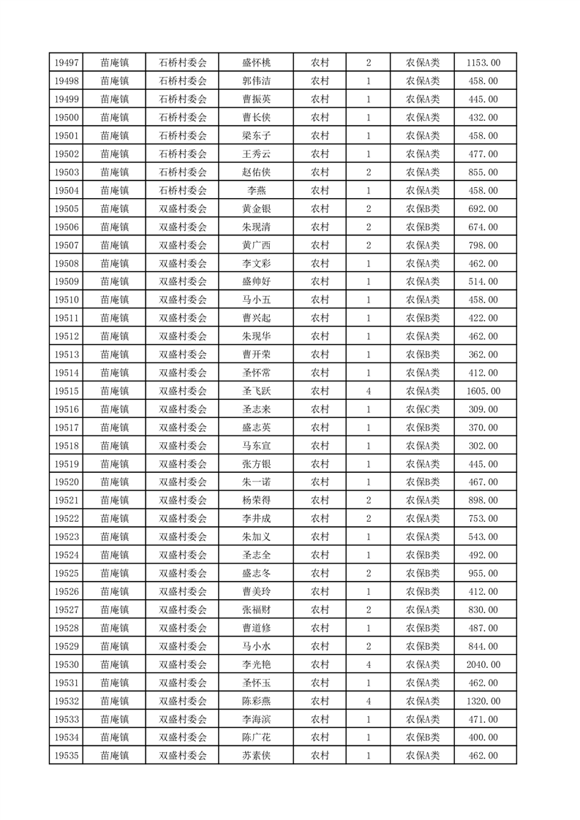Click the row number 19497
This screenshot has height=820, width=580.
click(66, 63)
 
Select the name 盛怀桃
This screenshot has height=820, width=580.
click(256, 63)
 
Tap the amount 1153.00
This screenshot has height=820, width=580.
click(483, 63)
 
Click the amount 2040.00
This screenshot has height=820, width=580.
click(483, 664)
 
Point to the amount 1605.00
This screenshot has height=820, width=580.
click(483, 391)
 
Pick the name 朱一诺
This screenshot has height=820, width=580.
click(256, 482)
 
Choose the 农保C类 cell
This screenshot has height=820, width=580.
click(423, 409)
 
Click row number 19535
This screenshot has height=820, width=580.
click(66, 756)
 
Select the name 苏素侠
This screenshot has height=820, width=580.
click(256, 756)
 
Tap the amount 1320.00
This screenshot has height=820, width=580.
click(483, 701)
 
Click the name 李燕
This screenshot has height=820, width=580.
click(256, 190)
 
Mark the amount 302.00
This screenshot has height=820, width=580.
click(483, 446)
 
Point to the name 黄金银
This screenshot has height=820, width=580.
click(256, 208)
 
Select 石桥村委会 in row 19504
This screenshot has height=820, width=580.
click(183, 190)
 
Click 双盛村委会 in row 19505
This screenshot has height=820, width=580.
click(183, 208)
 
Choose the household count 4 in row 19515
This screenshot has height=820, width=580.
click(368, 391)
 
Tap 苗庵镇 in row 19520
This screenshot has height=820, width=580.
click(115, 482)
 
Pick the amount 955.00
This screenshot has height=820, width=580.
click(483, 573)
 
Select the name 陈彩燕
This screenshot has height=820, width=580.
click(256, 701)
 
